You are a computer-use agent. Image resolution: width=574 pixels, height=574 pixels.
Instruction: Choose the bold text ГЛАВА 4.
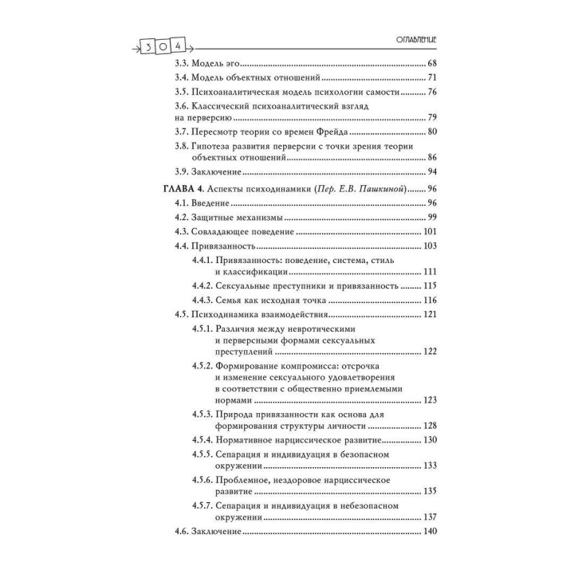174,188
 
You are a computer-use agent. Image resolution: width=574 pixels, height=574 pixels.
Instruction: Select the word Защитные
222,218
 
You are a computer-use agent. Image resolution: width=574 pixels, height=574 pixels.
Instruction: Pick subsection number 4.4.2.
204,285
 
